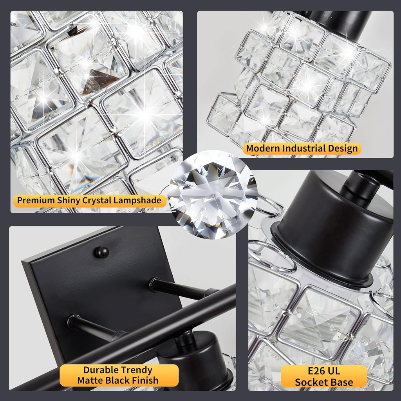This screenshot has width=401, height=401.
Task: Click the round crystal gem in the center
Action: click(213, 195)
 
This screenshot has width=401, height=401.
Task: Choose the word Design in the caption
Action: click(344, 148)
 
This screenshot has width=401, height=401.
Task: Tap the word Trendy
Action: click(135, 370)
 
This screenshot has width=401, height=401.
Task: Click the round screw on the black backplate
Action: click(101, 251)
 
